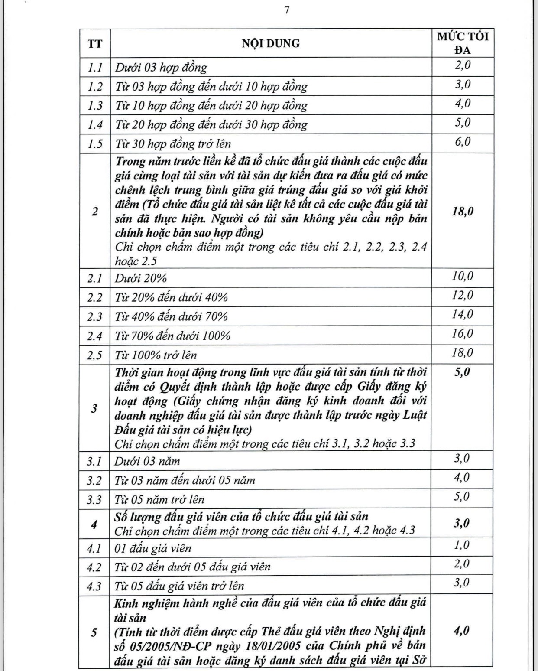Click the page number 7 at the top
pyautogui.click(x=286, y=11)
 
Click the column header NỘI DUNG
pyautogui.click(x=270, y=43)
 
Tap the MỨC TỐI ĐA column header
pyautogui.click(x=462, y=43)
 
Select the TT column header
pyautogui.click(x=95, y=44)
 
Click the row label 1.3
pyautogui.click(x=95, y=106)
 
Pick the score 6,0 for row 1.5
pyautogui.click(x=462, y=142)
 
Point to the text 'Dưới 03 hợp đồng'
pyautogui.click(x=161, y=67)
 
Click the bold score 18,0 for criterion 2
pyautogui.click(x=462, y=212)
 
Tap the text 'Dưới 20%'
pyautogui.click(x=141, y=278)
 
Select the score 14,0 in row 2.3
pyautogui.click(x=462, y=314)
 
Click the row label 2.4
pyautogui.click(x=94, y=336)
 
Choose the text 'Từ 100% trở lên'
pyautogui.click(x=156, y=355)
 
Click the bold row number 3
pyautogui.click(x=94, y=408)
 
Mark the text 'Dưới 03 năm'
pyautogui.click(x=147, y=461)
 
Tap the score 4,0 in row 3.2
pyautogui.click(x=462, y=477)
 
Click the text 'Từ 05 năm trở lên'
pyautogui.click(x=159, y=499)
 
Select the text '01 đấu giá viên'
pyautogui.click(x=152, y=548)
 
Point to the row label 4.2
pyautogui.click(x=94, y=567)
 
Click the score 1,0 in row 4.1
pyautogui.click(x=462, y=545)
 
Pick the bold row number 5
pyautogui.click(x=94, y=632)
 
